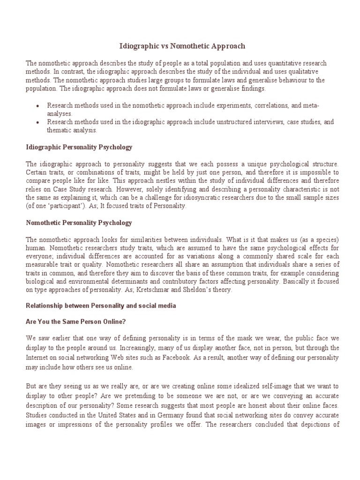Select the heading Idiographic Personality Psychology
[79, 147]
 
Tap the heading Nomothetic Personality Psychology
[79, 223]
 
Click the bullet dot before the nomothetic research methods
[37, 106]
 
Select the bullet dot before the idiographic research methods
[37, 122]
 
